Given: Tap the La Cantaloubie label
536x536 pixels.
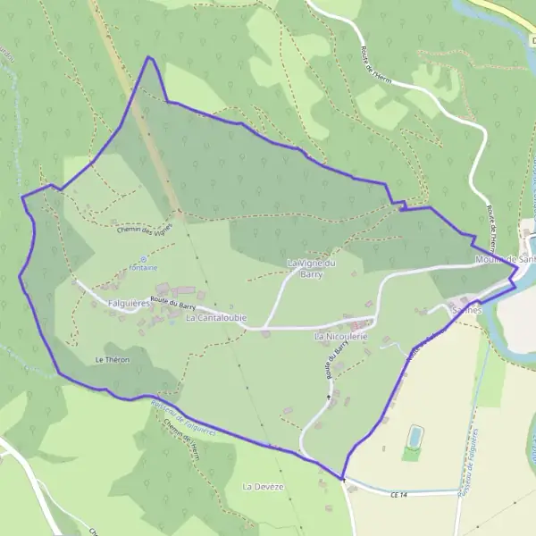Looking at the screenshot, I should pos(216,318).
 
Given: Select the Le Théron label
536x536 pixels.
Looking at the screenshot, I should pos(113,359).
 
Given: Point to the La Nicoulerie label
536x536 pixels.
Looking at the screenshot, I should pos(341,338).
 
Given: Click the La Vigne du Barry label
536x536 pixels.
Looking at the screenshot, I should pos(311,269).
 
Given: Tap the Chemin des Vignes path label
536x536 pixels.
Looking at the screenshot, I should pos(143,230).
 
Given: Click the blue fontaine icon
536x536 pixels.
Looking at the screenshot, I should pos(143,258).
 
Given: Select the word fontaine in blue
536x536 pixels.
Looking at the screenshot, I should pos(143,268).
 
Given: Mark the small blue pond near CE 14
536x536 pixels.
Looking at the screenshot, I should pos(414,436).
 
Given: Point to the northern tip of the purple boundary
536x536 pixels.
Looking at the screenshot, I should pos(149,57).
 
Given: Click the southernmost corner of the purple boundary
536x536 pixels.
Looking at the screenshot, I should pos(342,478).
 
